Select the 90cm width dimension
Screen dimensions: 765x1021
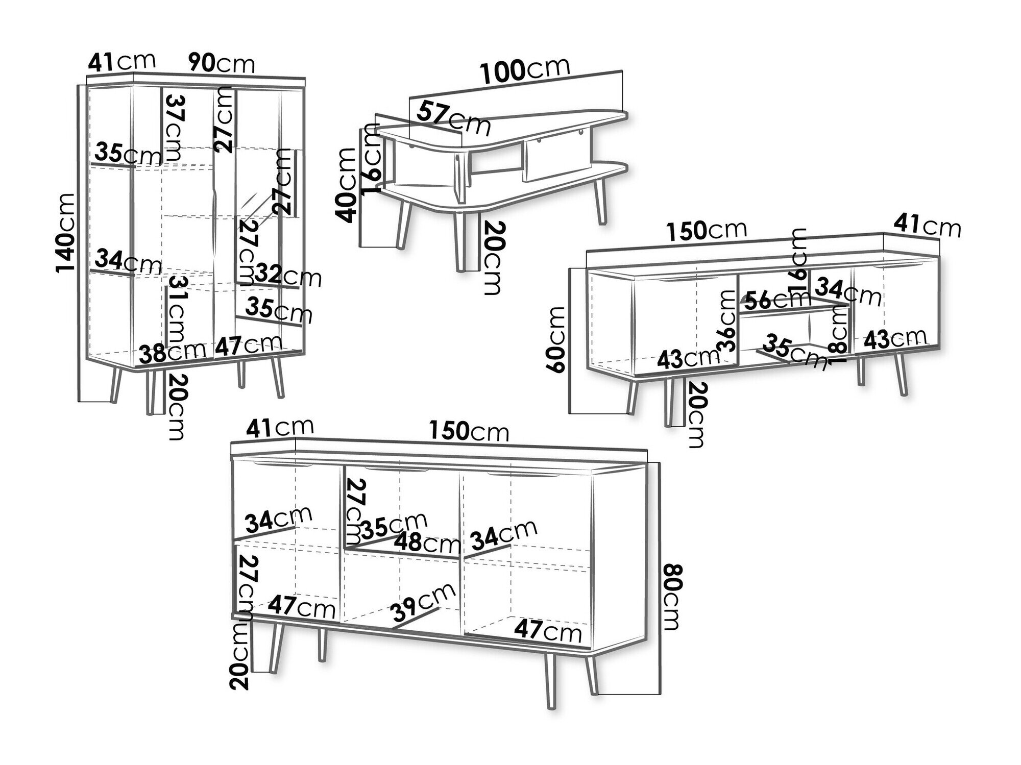tap(221, 63)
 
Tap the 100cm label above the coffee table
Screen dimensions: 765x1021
tap(525, 70)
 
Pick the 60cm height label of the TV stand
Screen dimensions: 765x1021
tap(556, 339)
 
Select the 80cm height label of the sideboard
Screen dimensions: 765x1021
tap(673, 597)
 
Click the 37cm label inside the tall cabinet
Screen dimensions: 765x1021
tap(174, 127)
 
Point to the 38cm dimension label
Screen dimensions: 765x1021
tap(172, 352)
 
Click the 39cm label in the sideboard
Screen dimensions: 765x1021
tap(422, 602)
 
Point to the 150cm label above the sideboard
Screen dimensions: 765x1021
tap(469, 431)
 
